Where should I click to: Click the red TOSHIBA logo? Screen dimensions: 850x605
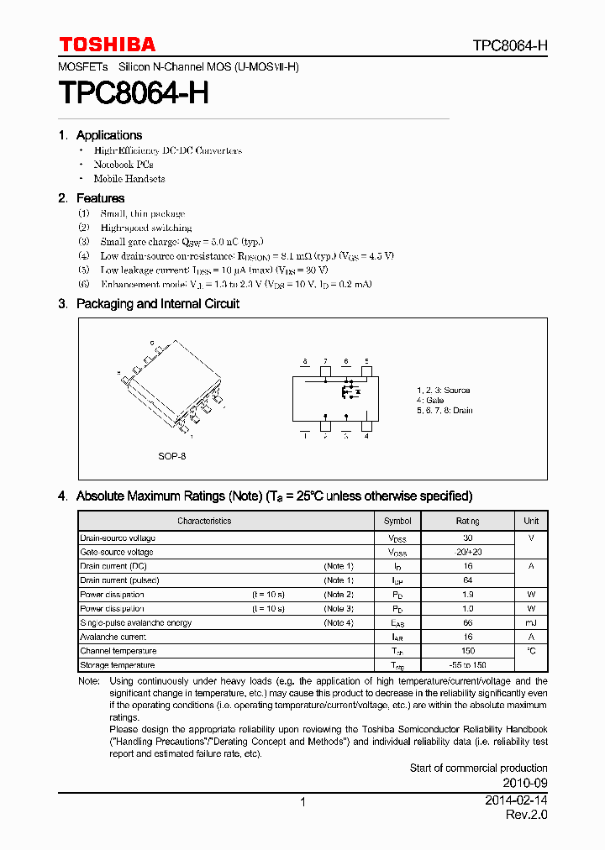pyautogui.click(x=107, y=45)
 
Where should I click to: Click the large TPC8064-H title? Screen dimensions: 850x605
pyautogui.click(x=134, y=92)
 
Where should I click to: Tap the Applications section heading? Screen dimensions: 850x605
pyautogui.click(x=108, y=135)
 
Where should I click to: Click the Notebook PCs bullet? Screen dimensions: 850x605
pyautogui.click(x=123, y=165)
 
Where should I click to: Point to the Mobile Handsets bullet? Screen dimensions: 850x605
pyautogui.click(x=129, y=179)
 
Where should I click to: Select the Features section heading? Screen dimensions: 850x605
pyautogui.click(x=100, y=198)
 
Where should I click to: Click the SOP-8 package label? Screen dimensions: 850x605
pyautogui.click(x=171, y=456)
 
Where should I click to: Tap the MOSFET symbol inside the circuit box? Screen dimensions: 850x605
pyautogui.click(x=350, y=391)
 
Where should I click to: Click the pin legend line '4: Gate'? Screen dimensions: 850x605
pyautogui.click(x=429, y=401)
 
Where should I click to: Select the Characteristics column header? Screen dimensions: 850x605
pyautogui.click(x=204, y=521)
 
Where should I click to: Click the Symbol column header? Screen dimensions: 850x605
pyautogui.click(x=397, y=521)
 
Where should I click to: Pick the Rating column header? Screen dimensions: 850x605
pyautogui.click(x=467, y=521)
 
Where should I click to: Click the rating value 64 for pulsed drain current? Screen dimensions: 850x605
pyautogui.click(x=468, y=580)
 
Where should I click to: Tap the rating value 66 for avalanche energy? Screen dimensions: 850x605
pyautogui.click(x=468, y=623)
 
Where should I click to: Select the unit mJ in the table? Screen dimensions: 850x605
pyautogui.click(x=531, y=623)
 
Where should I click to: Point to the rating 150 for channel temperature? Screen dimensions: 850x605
pyautogui.click(x=468, y=651)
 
